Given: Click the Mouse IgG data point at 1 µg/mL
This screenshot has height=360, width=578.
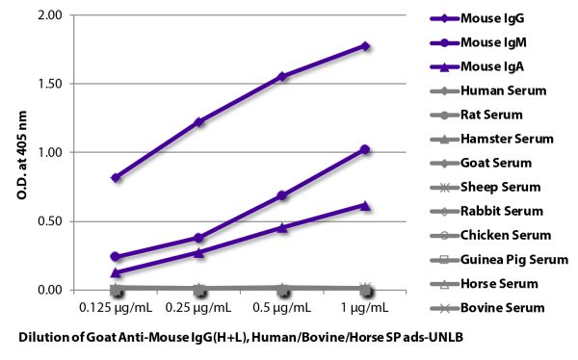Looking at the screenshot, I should click(x=365, y=45).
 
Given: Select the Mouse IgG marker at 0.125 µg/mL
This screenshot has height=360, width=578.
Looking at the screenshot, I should click(x=116, y=177).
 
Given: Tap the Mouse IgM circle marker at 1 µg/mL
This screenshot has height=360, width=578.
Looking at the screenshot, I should click(x=365, y=149).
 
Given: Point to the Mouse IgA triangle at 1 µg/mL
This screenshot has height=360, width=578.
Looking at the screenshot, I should click(x=365, y=204).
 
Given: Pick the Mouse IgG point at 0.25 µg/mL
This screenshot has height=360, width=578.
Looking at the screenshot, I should click(x=198, y=122).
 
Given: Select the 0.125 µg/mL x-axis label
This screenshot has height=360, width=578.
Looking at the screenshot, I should click(x=116, y=308).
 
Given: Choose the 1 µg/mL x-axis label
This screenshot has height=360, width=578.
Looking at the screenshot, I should click(x=365, y=308).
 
